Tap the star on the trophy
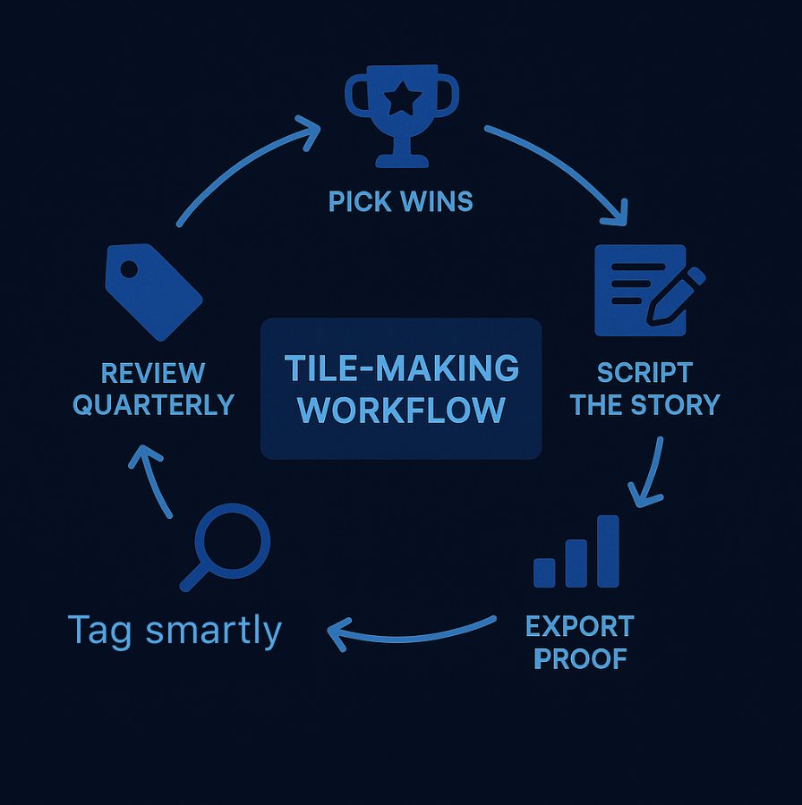(401, 99)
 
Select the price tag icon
(153, 292)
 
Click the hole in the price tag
(129, 268)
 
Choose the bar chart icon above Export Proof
(576, 552)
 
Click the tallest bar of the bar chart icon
(608, 551)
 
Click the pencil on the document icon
(678, 295)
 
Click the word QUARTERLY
(153, 404)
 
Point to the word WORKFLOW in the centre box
(401, 411)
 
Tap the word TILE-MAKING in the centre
(401, 368)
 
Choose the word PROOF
(580, 659)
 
